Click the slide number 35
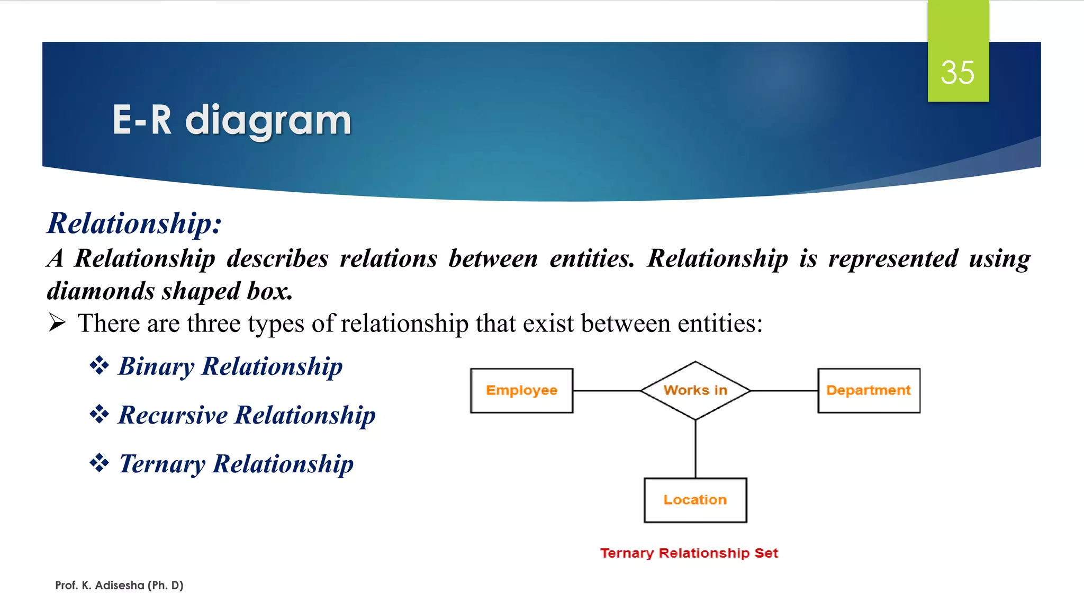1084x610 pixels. click(x=957, y=73)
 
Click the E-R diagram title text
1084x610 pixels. click(x=231, y=120)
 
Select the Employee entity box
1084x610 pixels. click(x=521, y=391)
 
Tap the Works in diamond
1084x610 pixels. click(x=695, y=391)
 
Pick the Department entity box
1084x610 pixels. click(x=869, y=391)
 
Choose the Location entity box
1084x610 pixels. click(x=695, y=500)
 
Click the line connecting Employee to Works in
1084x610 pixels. click(x=607, y=391)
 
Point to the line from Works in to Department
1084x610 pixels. click(x=784, y=391)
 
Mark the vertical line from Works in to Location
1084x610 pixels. click(x=695, y=449)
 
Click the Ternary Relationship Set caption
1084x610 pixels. click(x=689, y=553)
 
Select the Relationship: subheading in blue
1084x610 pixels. click(x=134, y=223)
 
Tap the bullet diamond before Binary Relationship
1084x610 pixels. click(x=99, y=365)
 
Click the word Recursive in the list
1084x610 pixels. click(x=173, y=415)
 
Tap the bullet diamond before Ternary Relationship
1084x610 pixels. click(x=99, y=463)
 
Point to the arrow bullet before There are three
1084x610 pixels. click(x=57, y=322)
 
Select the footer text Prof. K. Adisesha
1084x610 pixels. click(x=119, y=585)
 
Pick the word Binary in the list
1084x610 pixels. click(x=156, y=366)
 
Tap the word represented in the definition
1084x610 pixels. click(x=893, y=258)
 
